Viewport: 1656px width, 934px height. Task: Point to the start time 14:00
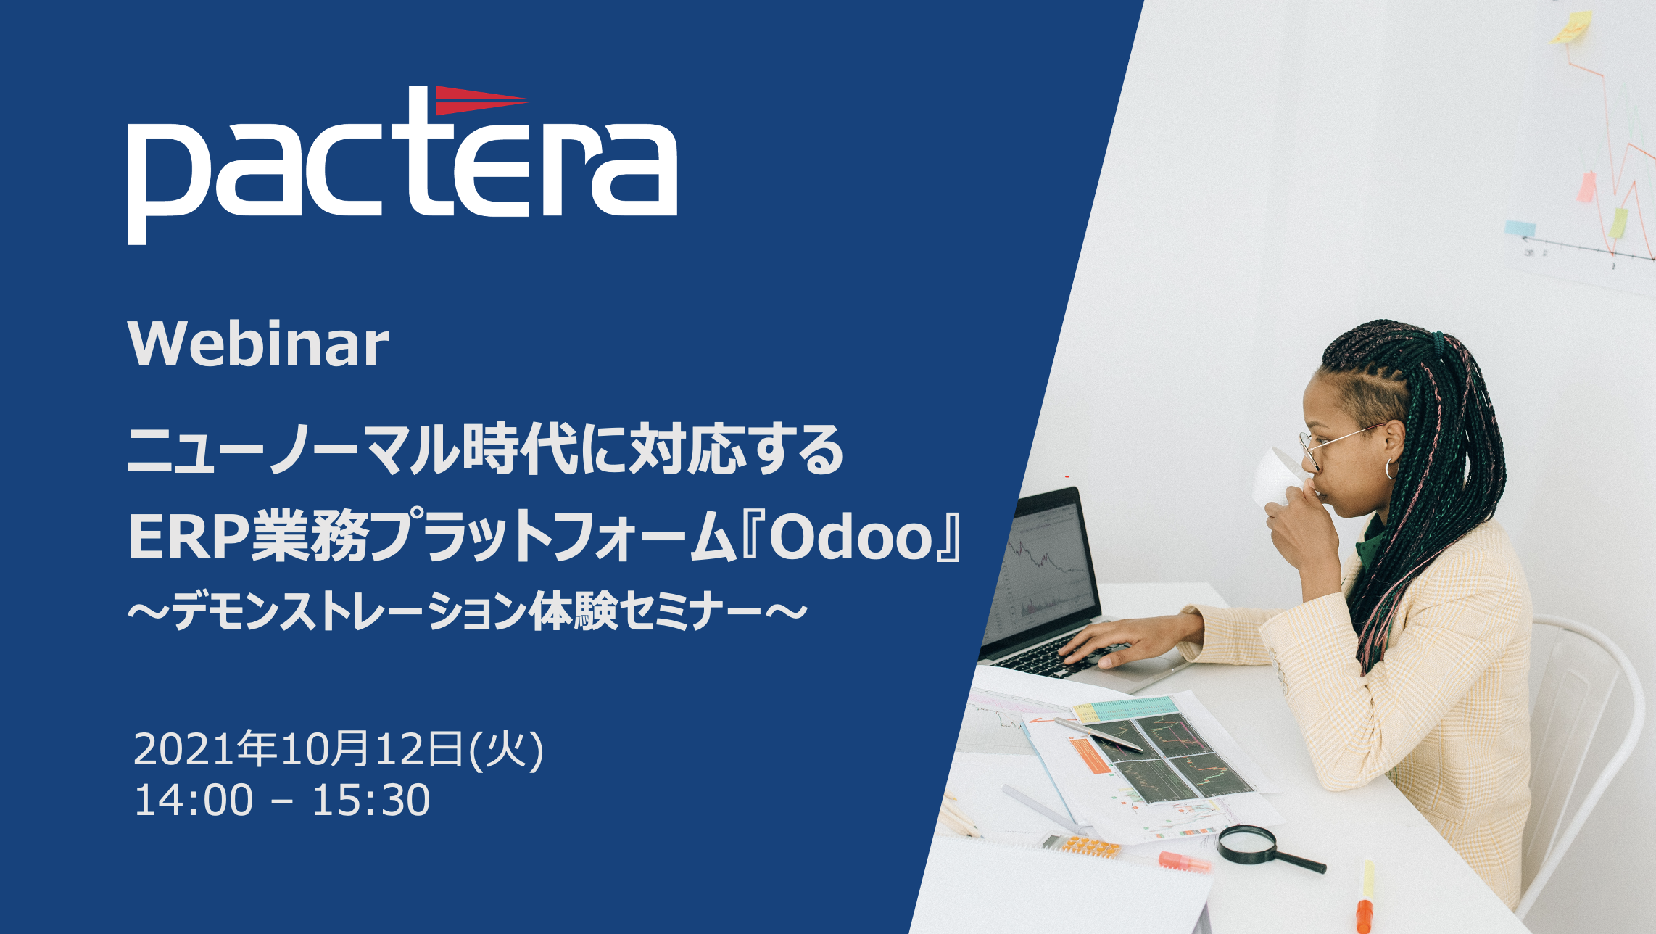194,799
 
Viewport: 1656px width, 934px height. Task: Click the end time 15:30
370,799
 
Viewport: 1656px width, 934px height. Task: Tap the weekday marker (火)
506,750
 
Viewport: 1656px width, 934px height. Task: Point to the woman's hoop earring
1391,468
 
